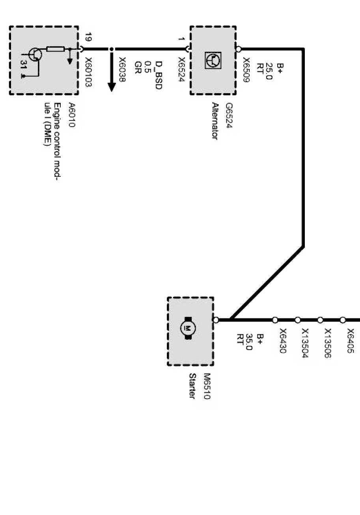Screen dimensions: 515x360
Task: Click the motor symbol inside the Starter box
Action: point(188,327)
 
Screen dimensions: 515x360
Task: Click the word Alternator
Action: point(216,121)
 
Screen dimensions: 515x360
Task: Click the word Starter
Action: point(193,386)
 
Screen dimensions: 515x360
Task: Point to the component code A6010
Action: point(71,115)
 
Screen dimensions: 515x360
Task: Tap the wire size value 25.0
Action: point(269,71)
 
